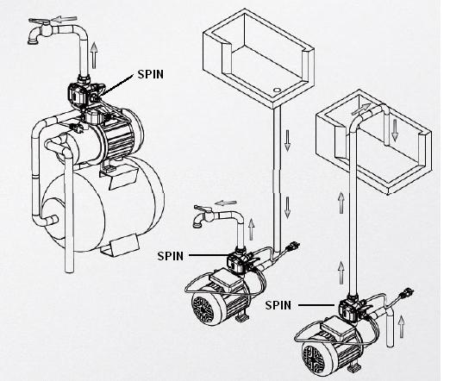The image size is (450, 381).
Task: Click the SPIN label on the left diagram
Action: tap(150, 74)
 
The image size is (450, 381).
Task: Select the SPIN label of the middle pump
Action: tap(171, 256)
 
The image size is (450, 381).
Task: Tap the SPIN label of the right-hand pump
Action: tap(278, 305)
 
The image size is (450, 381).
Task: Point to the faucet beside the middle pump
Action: tap(203, 215)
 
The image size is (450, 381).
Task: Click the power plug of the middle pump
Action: tap(293, 247)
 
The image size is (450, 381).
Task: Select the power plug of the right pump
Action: tap(407, 293)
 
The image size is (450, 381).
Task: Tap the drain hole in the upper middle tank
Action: tap(277, 90)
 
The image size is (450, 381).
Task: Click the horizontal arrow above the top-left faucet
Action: tap(66, 19)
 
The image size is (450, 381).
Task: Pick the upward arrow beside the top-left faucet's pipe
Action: tap(94, 55)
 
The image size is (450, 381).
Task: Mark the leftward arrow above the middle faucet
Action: tap(226, 203)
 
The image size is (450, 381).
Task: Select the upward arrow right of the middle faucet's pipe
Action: tap(252, 228)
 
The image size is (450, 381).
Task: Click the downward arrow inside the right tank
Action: tap(395, 130)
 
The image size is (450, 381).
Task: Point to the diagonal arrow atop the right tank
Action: tap(360, 109)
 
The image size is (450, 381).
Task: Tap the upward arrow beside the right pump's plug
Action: tap(402, 327)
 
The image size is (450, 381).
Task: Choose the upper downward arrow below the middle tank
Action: tap(287, 141)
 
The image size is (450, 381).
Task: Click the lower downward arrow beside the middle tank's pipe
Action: tap(287, 208)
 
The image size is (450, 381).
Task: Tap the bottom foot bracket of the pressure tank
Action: tap(120, 245)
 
